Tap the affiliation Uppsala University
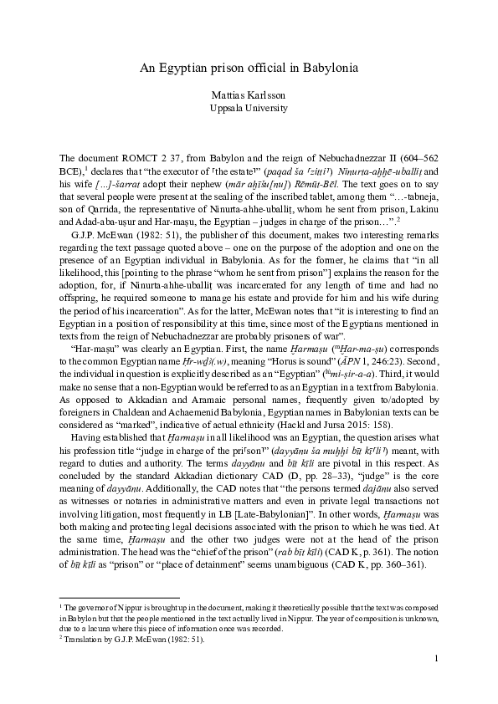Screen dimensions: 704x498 point(249,108)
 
